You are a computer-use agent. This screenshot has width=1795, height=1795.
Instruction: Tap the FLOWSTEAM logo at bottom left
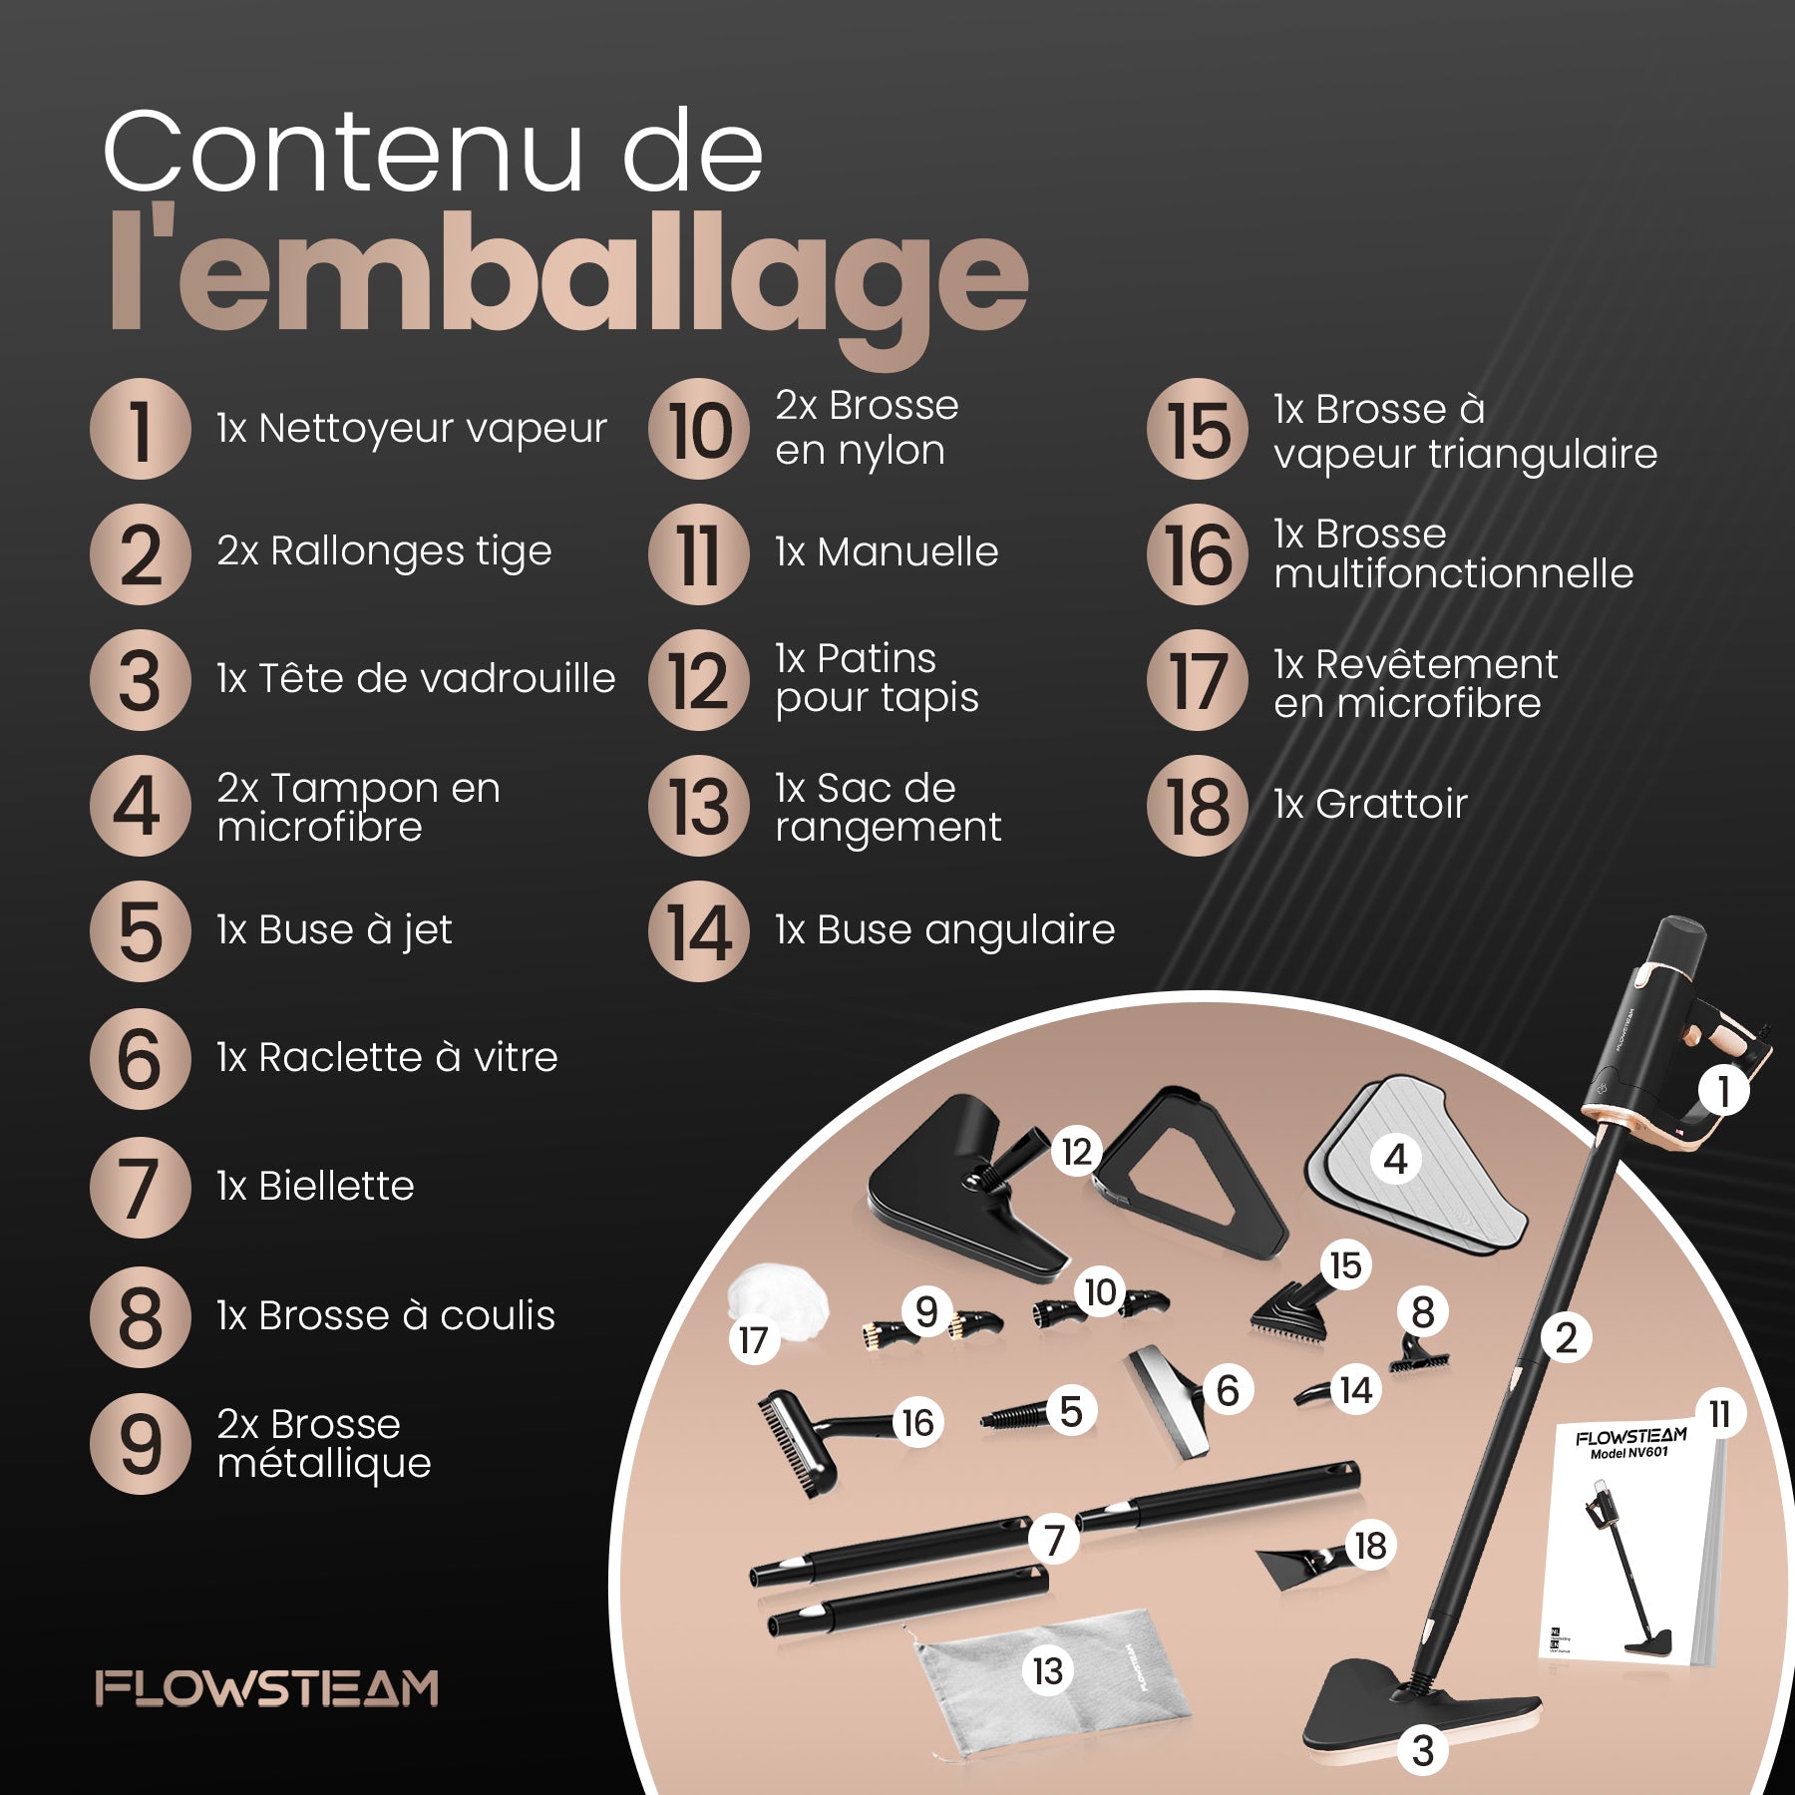point(267,1688)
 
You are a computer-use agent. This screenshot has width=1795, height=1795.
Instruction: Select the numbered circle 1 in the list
point(141,429)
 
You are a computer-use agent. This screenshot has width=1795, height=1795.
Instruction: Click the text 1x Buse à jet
point(334,930)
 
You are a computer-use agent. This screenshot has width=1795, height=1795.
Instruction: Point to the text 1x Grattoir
point(1370,804)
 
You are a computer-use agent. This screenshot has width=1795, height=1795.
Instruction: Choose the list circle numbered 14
point(699,931)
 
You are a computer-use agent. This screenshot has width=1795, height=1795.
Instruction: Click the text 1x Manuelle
point(887,551)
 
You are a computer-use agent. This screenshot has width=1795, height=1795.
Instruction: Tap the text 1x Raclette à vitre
point(387,1057)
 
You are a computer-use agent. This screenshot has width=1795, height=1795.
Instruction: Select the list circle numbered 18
point(1198,806)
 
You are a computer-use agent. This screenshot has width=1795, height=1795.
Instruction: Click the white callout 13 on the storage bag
point(1047,1670)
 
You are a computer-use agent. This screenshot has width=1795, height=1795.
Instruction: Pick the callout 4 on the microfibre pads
point(1395,1159)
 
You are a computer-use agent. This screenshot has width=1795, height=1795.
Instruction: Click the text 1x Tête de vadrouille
point(416,678)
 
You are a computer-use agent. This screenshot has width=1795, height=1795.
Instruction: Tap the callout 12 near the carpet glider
point(1077,1152)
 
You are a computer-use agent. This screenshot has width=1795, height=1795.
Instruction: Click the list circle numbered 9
point(141,1444)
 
